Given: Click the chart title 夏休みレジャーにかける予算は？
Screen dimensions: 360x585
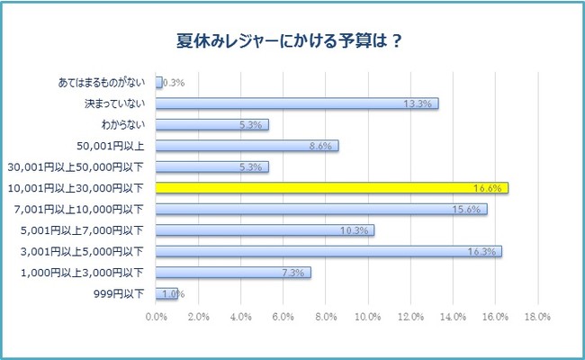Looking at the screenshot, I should (292, 41).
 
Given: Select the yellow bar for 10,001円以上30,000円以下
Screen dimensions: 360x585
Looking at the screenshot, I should (332, 188).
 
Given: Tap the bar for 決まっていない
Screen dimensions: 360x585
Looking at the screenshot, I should (297, 103).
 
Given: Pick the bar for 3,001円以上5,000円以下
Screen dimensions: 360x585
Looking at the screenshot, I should (328, 251).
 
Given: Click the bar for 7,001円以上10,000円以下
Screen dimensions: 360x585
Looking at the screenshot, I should (321, 209).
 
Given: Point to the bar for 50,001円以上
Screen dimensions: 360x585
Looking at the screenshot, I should (247, 146).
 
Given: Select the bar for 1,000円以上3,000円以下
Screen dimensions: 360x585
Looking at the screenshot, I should (233, 272).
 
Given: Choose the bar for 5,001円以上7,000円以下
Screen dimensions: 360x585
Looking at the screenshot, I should (265, 230).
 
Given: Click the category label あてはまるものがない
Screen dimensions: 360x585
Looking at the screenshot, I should (101, 83).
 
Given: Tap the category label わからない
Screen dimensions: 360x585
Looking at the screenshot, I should (127, 125).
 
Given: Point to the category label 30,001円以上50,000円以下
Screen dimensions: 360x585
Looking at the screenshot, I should (80, 166).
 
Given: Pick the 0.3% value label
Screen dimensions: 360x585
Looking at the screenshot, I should (173, 83).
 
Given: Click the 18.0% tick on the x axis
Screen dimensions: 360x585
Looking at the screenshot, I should (537, 317).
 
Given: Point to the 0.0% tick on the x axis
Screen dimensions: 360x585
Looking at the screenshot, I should (157, 317).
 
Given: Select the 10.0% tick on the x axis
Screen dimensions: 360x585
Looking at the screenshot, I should (368, 317).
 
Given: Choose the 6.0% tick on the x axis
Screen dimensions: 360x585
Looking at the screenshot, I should (283, 317).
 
